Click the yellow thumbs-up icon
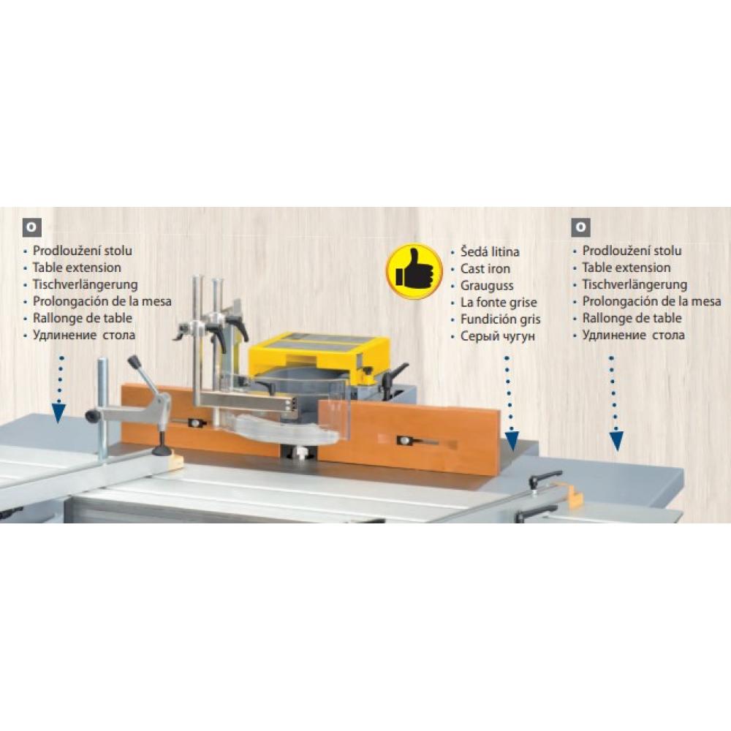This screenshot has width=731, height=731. (414, 271)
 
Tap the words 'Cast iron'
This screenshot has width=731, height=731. (485, 268)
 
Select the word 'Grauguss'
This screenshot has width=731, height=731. (487, 286)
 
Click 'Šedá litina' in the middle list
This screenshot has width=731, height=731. (490, 251)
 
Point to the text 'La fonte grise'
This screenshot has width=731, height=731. (499, 303)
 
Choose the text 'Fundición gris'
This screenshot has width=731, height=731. (500, 319)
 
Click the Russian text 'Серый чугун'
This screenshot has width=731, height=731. (497, 336)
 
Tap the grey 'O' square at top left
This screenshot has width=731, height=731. (31, 227)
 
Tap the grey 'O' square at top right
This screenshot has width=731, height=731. (581, 227)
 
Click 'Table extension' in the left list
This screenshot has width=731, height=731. (77, 268)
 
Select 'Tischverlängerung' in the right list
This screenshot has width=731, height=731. (635, 285)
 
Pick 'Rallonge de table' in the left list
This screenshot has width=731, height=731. (82, 319)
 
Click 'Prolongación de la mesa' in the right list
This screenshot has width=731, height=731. (651, 302)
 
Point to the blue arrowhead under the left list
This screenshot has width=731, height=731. (58, 412)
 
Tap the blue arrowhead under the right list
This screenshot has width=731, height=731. (616, 441)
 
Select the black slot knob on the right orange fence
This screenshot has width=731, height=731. (404, 441)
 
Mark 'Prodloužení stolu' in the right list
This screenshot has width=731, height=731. (632, 251)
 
